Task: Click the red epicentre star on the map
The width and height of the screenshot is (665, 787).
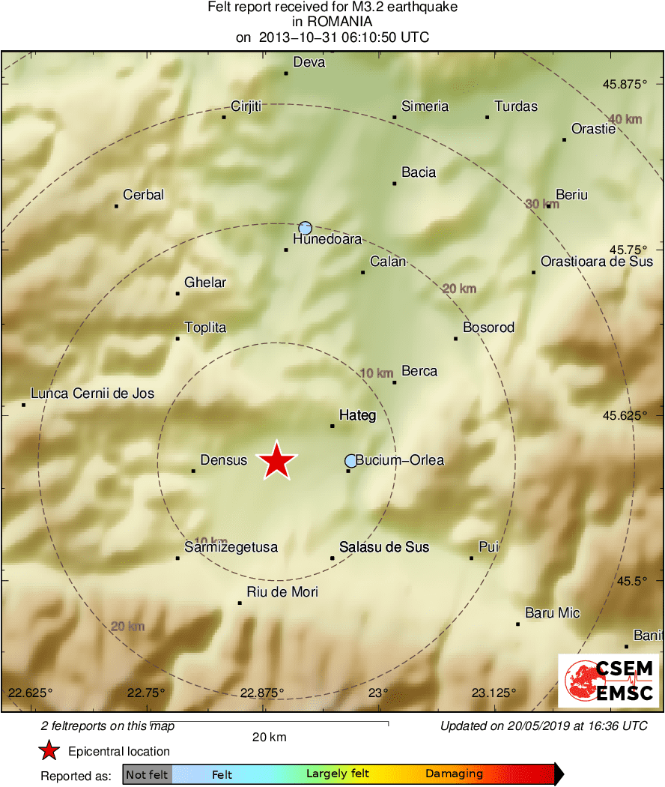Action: pyautogui.click(x=277, y=460)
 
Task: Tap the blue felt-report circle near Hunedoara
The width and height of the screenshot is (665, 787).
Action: pyautogui.click(x=305, y=228)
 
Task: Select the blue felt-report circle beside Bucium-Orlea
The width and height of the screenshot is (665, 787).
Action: pyautogui.click(x=351, y=460)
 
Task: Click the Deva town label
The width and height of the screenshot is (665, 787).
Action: pyautogui.click(x=309, y=62)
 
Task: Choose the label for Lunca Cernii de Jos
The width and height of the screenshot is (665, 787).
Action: pyautogui.click(x=92, y=393)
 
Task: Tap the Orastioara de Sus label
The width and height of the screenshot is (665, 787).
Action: pyautogui.click(x=597, y=262)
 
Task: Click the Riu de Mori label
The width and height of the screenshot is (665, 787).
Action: pyautogui.click(x=282, y=592)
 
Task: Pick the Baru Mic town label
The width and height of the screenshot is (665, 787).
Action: pyautogui.click(x=553, y=613)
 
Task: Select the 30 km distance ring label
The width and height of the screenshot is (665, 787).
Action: pyautogui.click(x=542, y=204)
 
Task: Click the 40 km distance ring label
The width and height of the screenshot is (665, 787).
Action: pyautogui.click(x=625, y=119)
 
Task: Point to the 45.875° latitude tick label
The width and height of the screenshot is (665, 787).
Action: pyautogui.click(x=624, y=84)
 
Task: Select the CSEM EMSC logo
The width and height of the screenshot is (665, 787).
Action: pyautogui.click(x=608, y=680)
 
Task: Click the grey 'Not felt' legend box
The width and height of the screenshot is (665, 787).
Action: pyautogui.click(x=147, y=774)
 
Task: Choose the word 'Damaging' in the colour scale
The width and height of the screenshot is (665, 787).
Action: pyautogui.click(x=454, y=774)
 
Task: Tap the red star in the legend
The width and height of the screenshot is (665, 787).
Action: pyautogui.click(x=49, y=750)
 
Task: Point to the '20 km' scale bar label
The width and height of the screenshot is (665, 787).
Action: pyautogui.click(x=269, y=737)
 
